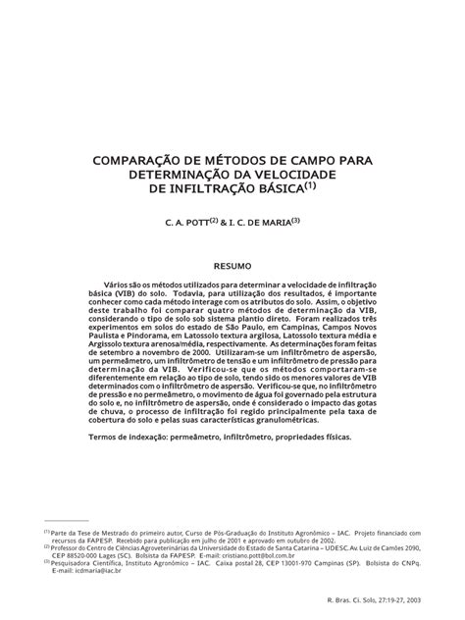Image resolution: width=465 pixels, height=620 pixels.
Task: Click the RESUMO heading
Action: pyautogui.click(x=232, y=265)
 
